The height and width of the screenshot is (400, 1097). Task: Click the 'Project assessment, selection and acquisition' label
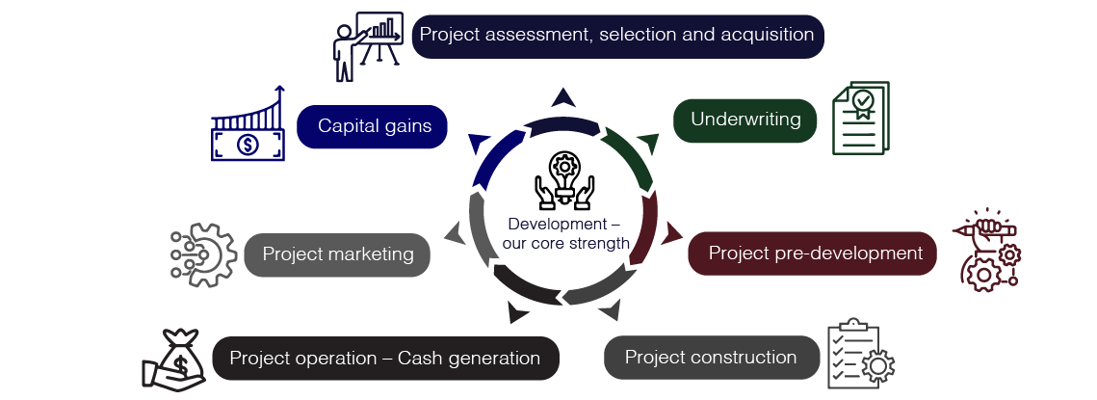tap(617, 36)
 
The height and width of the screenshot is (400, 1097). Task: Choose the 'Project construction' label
tap(710, 358)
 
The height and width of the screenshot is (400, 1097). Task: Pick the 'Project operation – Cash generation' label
tap(384, 359)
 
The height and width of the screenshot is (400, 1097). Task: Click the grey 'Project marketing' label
tap(337, 254)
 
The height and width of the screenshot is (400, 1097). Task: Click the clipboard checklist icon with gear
tap(860, 353)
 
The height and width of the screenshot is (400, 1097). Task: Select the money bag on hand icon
tap(173, 360)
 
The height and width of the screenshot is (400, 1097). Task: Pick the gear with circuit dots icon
tap(202, 255)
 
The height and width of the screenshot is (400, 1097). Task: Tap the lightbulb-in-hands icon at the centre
tap(563, 181)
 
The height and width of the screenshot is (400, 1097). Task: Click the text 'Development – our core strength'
tap(565, 233)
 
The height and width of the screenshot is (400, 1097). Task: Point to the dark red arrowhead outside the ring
tap(670, 232)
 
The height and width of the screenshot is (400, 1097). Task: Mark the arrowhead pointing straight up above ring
tap(563, 97)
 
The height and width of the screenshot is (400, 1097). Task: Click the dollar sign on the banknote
tap(248, 146)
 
